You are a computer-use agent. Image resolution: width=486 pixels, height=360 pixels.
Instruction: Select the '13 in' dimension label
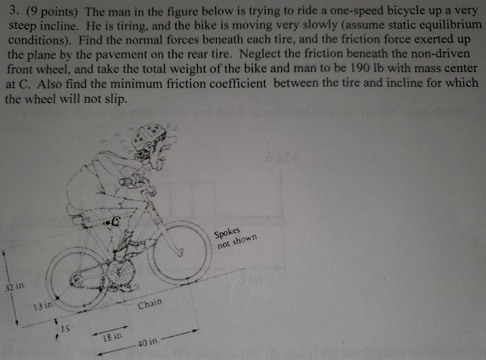(43, 306)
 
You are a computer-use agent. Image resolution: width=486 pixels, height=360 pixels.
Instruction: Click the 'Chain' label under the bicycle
(150, 303)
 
